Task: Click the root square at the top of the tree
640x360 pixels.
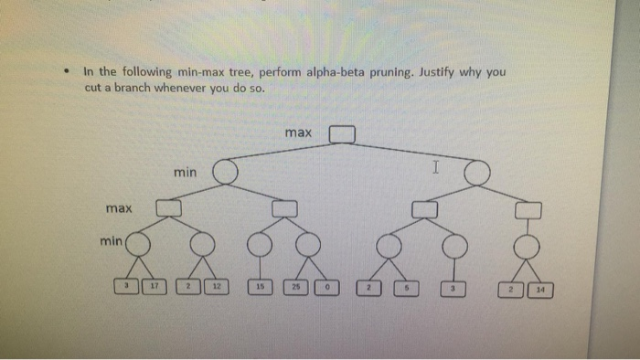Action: click(341, 134)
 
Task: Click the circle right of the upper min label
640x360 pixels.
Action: click(224, 171)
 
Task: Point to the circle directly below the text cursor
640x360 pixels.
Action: click(475, 172)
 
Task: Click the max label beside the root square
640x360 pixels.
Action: click(298, 133)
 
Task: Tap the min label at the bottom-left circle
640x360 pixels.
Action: click(111, 241)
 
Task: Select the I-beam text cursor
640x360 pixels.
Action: click(436, 168)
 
